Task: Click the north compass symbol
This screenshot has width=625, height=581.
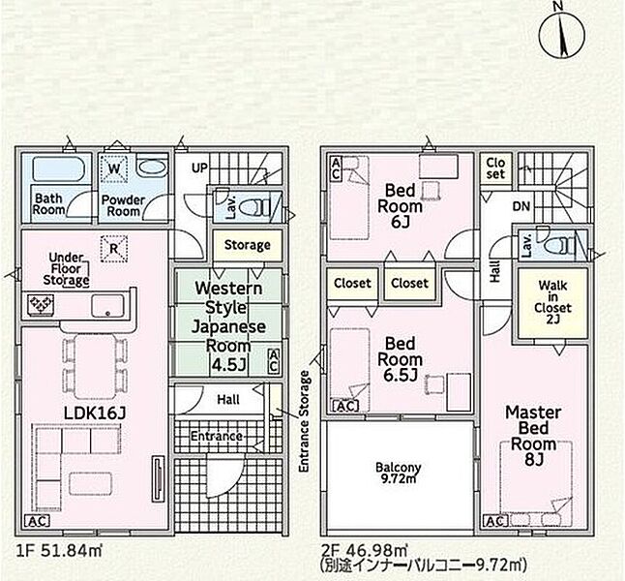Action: click(x=562, y=34)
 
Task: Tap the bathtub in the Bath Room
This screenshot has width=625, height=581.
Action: click(x=58, y=169)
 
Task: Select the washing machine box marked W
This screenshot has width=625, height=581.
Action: click(x=114, y=169)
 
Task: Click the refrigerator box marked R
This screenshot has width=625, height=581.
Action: click(x=114, y=249)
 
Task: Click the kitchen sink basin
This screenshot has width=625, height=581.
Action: click(x=107, y=306)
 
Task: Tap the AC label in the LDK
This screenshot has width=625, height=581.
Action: click(x=37, y=521)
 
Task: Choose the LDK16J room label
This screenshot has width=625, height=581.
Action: click(x=95, y=413)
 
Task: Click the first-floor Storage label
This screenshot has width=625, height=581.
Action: click(x=247, y=245)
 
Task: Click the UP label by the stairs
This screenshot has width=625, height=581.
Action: click(x=199, y=168)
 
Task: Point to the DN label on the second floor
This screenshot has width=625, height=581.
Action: click(x=521, y=206)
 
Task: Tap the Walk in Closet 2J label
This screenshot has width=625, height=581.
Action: click(x=552, y=302)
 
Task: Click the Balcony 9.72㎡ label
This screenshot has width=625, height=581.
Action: click(x=399, y=473)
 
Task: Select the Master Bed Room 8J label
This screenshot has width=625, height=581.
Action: click(x=533, y=436)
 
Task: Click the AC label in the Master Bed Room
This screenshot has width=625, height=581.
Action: click(x=495, y=521)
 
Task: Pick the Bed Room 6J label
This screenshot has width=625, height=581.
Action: click(x=400, y=206)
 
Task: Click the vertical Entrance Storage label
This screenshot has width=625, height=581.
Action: click(x=304, y=421)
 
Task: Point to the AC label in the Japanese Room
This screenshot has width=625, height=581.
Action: click(x=274, y=361)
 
